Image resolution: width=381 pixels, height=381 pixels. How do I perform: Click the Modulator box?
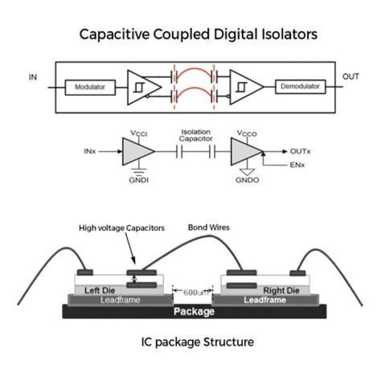[90, 87]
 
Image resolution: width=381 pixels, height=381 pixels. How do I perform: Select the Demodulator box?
[301, 86]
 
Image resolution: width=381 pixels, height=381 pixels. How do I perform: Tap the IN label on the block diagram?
[33, 77]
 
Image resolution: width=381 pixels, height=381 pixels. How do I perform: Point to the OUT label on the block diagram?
[350, 77]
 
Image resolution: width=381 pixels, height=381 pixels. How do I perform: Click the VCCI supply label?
[139, 133]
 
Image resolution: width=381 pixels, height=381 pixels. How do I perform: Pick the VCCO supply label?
[247, 133]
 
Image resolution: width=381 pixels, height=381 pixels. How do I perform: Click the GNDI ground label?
[139, 180]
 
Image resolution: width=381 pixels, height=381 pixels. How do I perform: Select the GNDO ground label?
[247, 180]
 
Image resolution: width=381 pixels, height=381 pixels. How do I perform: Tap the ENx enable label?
[297, 165]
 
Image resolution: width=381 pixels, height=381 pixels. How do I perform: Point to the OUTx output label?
[301, 151]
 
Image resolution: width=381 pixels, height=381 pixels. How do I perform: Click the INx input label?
[89, 151]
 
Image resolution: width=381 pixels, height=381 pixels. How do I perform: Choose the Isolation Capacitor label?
[196, 135]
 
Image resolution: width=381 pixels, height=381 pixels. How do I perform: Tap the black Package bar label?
[194, 311]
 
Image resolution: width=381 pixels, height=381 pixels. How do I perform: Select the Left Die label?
[99, 291]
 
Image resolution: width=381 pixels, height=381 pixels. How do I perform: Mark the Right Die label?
[281, 291]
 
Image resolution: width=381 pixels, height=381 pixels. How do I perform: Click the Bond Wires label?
[208, 228]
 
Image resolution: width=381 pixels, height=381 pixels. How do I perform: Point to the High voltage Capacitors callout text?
[122, 228]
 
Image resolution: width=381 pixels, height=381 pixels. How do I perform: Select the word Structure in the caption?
[229, 342]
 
